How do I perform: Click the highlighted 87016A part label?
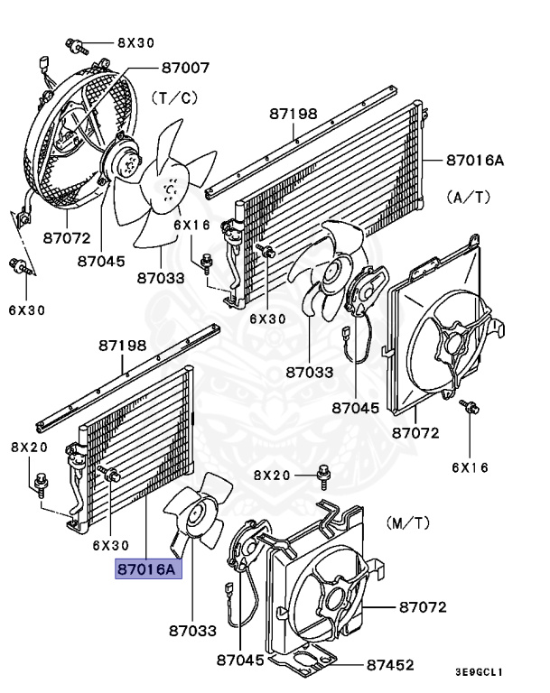click(x=147, y=569)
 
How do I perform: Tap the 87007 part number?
click(x=186, y=68)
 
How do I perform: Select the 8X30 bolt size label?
click(x=135, y=42)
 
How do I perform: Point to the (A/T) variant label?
click(x=470, y=195)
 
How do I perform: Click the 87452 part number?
click(x=390, y=665)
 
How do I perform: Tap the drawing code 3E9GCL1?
click(x=479, y=672)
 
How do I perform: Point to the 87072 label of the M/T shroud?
click(x=423, y=607)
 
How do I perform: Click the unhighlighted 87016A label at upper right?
click(x=474, y=162)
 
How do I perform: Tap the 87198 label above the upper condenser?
click(x=294, y=114)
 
